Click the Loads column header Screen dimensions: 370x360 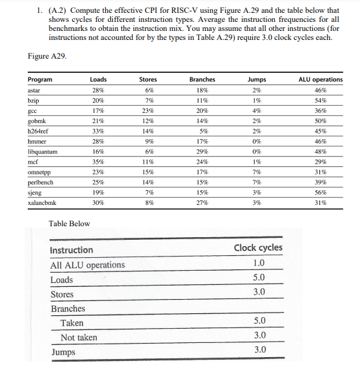click(x=98, y=80)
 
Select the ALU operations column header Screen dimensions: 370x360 click(x=321, y=80)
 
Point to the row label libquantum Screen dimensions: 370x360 click(x=43, y=151)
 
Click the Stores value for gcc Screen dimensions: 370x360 click(x=148, y=111)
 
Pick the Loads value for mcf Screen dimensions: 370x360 click(x=98, y=161)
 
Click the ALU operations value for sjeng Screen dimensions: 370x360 click(x=321, y=191)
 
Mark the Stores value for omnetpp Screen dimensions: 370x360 click(x=148, y=171)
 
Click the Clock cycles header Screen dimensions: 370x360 click(x=257, y=248)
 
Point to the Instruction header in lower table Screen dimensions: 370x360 click(x=72, y=250)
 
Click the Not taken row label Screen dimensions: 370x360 click(x=79, y=337)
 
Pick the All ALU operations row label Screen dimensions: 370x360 click(x=88, y=265)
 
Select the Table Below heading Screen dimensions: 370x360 click(x=70, y=224)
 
